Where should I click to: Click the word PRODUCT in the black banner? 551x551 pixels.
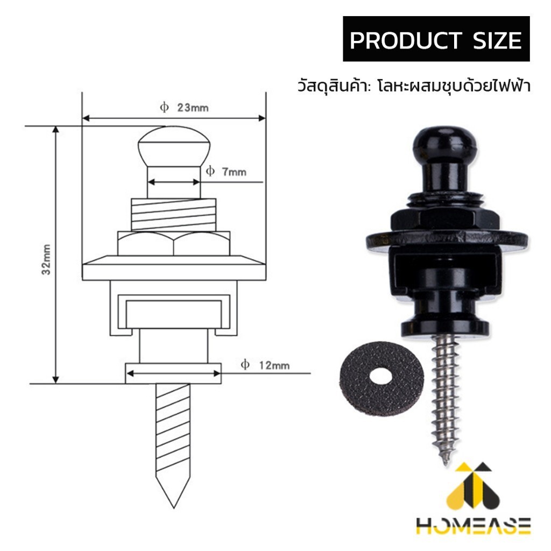point(406,40)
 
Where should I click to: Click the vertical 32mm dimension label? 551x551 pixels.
point(46,259)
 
